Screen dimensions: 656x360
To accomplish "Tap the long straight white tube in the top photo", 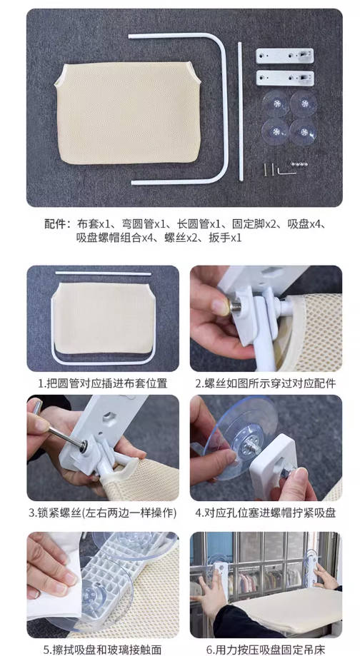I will click(240, 107).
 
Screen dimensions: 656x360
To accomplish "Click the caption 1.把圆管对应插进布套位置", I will click(103, 383).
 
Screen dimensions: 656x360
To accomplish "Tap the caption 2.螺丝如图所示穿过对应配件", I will click(266, 383).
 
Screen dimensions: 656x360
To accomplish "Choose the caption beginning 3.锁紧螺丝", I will click(103, 513).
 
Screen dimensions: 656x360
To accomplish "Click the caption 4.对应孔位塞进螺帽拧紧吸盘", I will click(266, 513).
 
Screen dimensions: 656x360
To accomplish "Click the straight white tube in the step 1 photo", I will click(104, 273).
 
